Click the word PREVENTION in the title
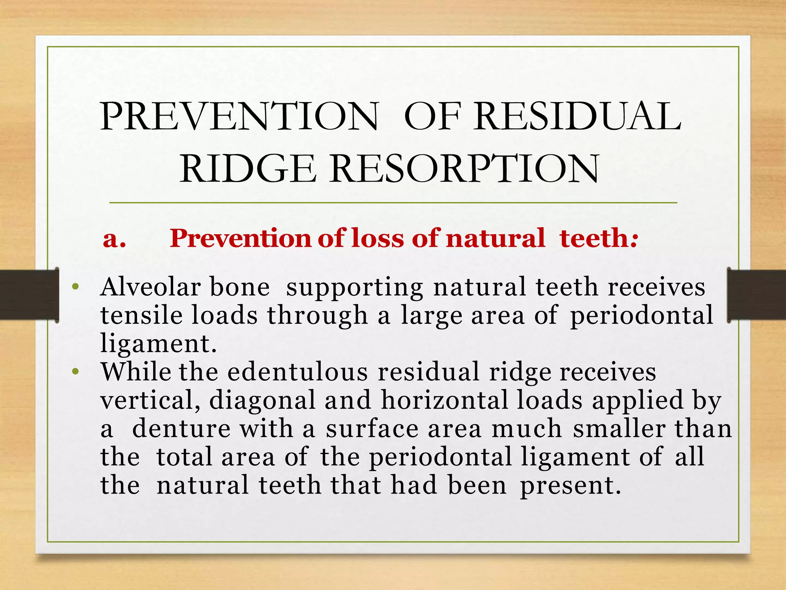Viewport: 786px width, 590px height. coord(239,117)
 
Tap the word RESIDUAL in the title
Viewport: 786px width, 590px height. coord(577,117)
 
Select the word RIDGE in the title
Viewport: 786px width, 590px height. coord(248,169)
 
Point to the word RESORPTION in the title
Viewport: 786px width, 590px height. coord(464,169)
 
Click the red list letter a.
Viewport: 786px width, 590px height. coord(114,239)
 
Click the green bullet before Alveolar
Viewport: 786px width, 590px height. coord(76,287)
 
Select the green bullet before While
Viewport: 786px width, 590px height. coord(76,371)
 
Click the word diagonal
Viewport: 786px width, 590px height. coord(262,401)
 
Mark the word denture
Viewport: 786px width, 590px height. coord(181,429)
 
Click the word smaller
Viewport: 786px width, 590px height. coord(619,429)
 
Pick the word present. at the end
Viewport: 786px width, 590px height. coord(570,485)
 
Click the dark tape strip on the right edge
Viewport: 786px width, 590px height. coord(756,295)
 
